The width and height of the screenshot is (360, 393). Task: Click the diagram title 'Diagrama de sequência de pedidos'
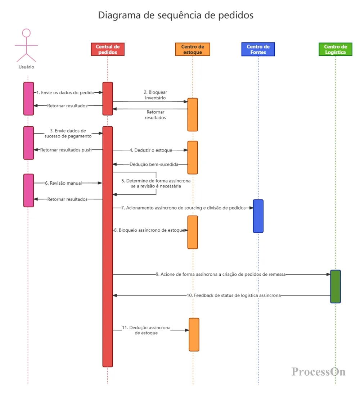click(175, 15)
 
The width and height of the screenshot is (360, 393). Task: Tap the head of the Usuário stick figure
click(26, 33)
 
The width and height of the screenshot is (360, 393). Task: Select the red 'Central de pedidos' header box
click(108, 49)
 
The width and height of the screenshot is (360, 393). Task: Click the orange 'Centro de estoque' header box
click(193, 49)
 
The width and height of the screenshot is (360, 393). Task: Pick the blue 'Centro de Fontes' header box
click(258, 49)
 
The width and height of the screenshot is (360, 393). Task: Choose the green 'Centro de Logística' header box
click(336, 49)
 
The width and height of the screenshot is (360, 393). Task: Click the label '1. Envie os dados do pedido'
click(66, 93)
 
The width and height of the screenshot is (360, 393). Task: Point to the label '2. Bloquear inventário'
click(156, 95)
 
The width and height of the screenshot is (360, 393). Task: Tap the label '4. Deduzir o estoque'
click(151, 150)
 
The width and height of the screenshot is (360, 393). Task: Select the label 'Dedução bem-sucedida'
click(154, 164)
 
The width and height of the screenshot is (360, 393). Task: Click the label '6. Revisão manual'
click(63, 183)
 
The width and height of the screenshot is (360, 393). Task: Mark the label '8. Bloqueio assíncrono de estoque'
click(149, 230)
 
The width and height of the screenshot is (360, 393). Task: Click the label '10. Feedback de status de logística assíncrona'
click(234, 295)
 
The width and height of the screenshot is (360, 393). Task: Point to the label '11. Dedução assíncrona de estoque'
click(146, 330)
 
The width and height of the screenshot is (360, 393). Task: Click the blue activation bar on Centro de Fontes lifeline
click(258, 216)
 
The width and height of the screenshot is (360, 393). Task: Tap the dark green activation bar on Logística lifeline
click(336, 286)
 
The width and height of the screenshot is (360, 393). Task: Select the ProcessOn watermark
click(318, 371)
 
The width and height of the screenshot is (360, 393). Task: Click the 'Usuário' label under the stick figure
click(26, 67)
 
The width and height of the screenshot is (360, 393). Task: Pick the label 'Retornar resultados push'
click(66, 150)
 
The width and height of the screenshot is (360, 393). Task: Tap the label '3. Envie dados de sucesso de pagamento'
click(68, 133)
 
